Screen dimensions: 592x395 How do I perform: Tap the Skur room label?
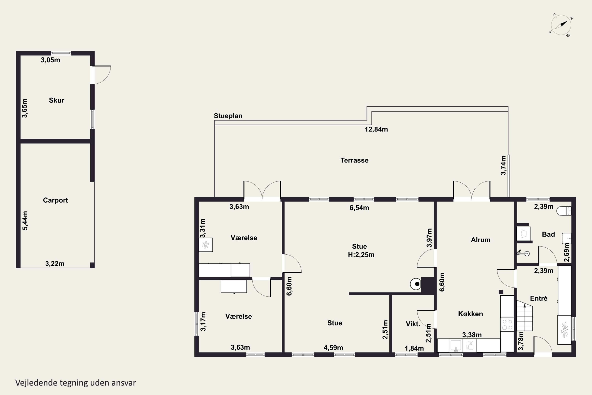(57, 100)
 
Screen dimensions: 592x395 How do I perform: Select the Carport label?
(55, 200)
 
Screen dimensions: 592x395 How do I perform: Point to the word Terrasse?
(354, 160)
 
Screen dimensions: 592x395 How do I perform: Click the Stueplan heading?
(228, 116)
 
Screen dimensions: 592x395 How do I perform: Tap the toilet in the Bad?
(564, 211)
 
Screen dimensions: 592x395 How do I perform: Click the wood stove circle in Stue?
(415, 284)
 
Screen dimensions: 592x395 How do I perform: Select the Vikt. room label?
(413, 324)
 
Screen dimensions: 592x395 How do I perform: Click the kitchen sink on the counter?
(456, 346)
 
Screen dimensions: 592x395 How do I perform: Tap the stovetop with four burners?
(507, 325)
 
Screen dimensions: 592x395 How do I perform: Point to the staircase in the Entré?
(525, 315)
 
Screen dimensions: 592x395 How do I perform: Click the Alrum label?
(481, 240)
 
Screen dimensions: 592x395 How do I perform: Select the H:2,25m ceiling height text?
(361, 255)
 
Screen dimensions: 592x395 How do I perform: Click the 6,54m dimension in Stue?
(359, 208)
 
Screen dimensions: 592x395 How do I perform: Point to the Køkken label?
(470, 314)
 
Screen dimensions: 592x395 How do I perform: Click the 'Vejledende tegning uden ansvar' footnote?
(76, 383)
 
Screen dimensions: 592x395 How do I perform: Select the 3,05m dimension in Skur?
(50, 60)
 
